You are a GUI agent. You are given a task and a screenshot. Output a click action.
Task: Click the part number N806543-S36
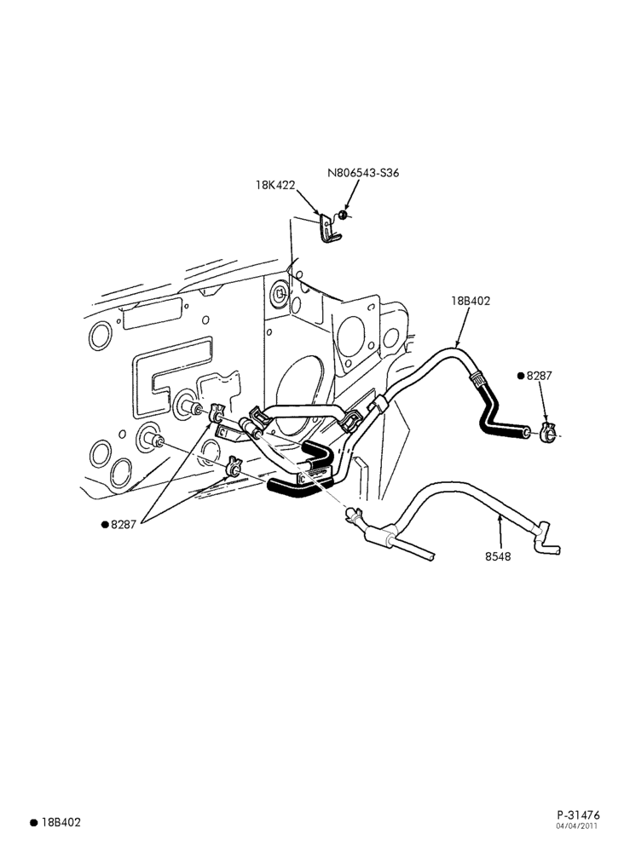coord(363,173)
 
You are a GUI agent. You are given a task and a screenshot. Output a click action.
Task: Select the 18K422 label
coord(275,185)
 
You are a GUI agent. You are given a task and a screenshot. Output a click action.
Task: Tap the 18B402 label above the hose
coord(471,301)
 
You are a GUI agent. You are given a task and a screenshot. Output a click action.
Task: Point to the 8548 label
coord(498,556)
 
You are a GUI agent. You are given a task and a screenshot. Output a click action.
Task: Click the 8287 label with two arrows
coord(124,525)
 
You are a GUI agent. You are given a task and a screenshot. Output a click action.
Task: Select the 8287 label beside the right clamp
coord(540,376)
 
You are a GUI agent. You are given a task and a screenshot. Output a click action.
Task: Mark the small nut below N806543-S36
coord(343,216)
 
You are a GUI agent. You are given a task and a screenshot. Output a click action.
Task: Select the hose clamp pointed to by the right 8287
coord(547,433)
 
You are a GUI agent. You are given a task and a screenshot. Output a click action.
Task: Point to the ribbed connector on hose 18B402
coord(477,378)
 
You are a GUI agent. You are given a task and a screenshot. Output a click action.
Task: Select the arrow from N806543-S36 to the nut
coord(351,196)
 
